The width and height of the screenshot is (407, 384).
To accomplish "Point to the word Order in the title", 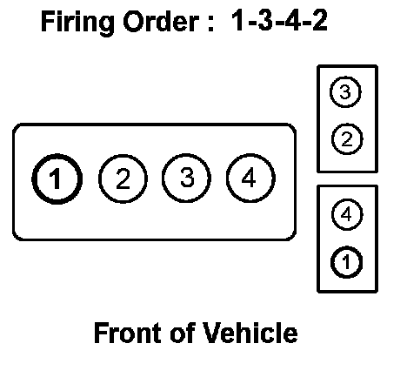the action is coord(161,22).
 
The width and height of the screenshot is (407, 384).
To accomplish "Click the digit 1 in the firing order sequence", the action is coord(238,20).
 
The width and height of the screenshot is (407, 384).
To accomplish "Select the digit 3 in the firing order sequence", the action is coord(265,20).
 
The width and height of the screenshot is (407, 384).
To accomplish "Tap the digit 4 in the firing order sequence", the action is coord(292,20).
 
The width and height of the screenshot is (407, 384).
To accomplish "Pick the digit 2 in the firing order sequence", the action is coord(319,20).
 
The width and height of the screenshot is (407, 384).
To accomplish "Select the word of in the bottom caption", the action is coord(182,333).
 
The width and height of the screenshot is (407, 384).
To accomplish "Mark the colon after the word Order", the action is coord(210,24).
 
